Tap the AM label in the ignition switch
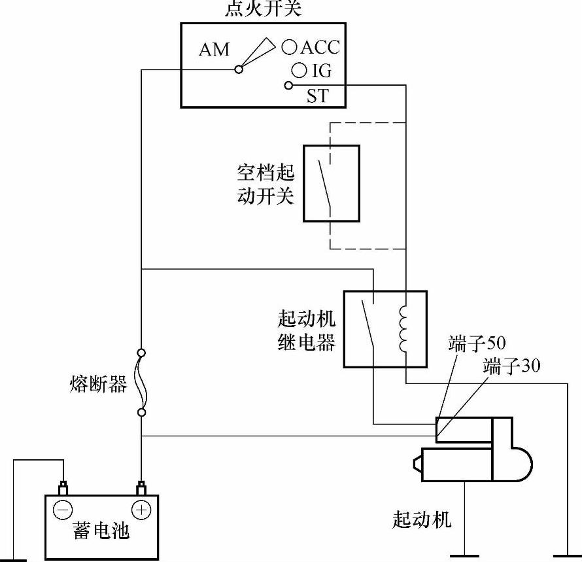(214, 49)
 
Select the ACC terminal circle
(290, 46)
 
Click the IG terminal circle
(298, 69)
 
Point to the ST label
(318, 97)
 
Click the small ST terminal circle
(288, 85)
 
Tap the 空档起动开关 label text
(265, 184)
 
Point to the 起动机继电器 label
(306, 330)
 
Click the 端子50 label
(477, 344)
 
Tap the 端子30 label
(511, 365)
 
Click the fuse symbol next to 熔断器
(141, 383)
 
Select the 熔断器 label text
(98, 384)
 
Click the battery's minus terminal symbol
(63, 509)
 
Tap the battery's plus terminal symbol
(141, 509)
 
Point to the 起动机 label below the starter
(421, 520)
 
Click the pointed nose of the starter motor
(416, 465)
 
